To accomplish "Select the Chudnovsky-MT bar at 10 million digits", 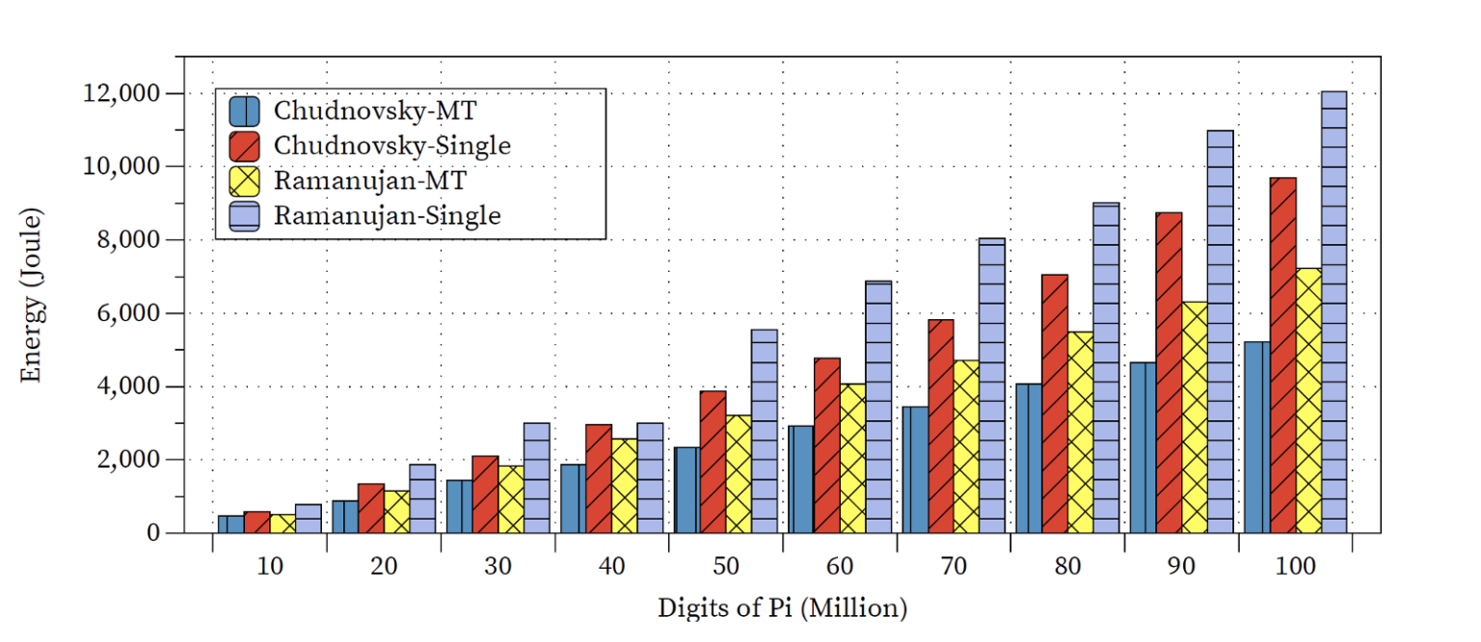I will (x=230, y=523).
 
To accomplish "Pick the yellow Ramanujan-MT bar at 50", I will (x=739, y=473).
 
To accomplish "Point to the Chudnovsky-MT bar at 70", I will (x=914, y=469).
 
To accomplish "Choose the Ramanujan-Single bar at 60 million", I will (x=878, y=406).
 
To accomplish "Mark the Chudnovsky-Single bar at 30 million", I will (x=485, y=494).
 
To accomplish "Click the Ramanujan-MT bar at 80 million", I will (x=1081, y=432).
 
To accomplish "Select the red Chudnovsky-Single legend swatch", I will (x=245, y=146).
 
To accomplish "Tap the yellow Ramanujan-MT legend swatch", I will (x=245, y=180).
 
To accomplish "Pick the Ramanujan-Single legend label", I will (x=388, y=215).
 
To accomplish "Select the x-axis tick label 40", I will (x=611, y=568).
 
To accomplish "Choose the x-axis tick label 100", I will (x=1295, y=568).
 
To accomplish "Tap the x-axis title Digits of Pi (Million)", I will (x=782, y=608).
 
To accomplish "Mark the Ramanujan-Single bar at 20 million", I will (x=422, y=498).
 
